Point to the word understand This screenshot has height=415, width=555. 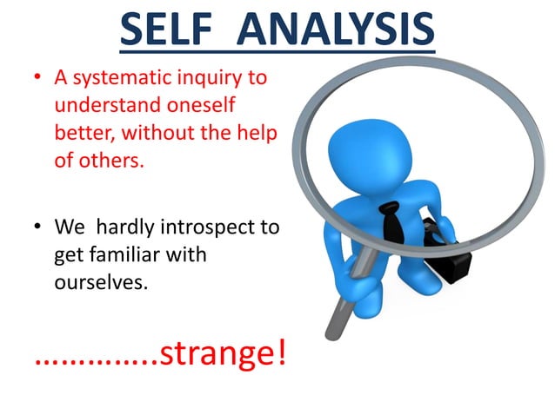97,105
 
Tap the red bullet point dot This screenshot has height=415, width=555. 37,79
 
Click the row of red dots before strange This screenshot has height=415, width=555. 95,360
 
